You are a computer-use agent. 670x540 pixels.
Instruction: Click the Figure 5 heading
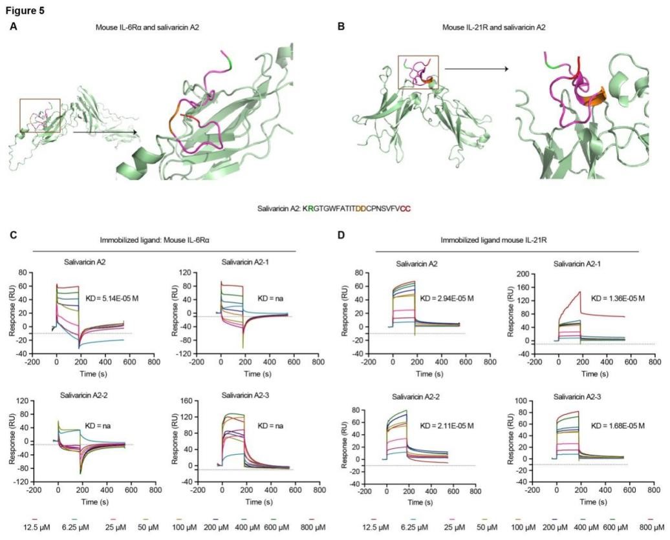tap(27, 10)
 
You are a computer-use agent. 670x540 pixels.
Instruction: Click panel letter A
tap(14, 26)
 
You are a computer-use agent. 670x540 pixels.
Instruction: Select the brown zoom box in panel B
tap(418, 72)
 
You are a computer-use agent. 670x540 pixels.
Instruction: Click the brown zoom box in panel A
tap(40, 116)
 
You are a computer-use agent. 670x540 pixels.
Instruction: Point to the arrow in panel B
tap(476, 67)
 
